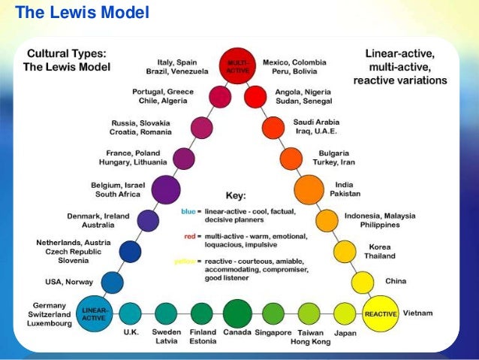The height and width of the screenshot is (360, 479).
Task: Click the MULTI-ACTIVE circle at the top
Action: coord(237,65)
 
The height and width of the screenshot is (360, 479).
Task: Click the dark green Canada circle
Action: coord(237,312)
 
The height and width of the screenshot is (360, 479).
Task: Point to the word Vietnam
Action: coord(418,311)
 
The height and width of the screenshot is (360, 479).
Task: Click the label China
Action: coord(396,281)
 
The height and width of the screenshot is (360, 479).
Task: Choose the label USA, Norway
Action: coord(69,282)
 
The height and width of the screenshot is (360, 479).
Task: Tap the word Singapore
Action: coord(273,331)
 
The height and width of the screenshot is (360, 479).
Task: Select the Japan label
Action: coord(345,331)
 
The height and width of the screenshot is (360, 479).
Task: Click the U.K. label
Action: coord(131,331)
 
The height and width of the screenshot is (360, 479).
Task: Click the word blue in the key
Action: coord(188,211)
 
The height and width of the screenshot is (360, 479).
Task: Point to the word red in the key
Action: coord(189,236)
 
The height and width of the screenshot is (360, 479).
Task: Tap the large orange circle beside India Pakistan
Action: coord(308,189)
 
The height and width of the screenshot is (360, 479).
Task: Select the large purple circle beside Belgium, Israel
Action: coord(166,189)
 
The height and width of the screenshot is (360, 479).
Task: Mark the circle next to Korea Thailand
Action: coord(345,252)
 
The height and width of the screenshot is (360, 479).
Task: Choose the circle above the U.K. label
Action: coord(131,312)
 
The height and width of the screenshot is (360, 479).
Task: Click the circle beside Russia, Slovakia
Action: coord(201,128)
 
